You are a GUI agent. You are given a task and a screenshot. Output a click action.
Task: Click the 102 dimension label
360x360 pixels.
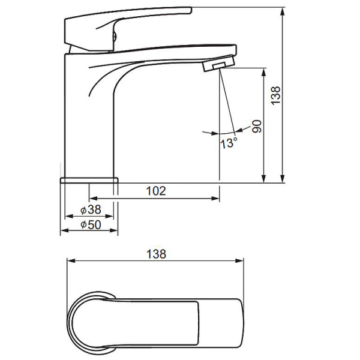pyautogui.click(x=156, y=191)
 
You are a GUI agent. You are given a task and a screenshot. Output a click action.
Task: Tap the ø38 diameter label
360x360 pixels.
pyautogui.click(x=91, y=209)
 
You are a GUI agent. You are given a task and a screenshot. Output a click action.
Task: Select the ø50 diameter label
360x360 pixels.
pyautogui.click(x=91, y=225)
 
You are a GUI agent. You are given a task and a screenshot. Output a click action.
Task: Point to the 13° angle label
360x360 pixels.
pyautogui.click(x=229, y=143)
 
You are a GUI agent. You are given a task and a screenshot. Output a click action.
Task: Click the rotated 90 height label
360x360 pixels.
pyautogui.click(x=257, y=126)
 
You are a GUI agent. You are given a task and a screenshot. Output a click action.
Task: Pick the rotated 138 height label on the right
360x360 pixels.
pyautogui.click(x=275, y=96)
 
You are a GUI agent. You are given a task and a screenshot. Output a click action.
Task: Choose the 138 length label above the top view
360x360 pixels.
pyautogui.click(x=156, y=254)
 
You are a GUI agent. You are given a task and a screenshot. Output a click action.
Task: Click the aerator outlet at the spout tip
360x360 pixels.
pyautogui.click(x=218, y=64)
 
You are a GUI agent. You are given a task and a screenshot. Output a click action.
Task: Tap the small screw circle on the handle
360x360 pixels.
pyautogui.click(x=115, y=36)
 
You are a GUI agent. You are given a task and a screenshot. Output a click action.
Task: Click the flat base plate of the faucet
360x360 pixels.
pyautogui.click(x=89, y=180)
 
